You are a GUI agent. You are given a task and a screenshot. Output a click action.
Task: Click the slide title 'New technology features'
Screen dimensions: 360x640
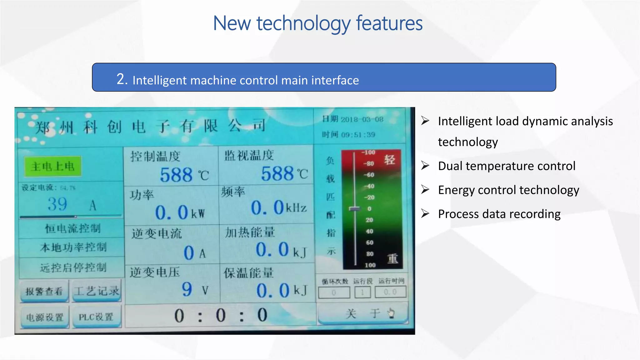(317, 23)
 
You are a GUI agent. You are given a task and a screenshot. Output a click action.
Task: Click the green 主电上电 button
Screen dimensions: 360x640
(53, 166)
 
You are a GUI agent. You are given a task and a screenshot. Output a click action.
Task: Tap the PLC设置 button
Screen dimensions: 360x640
(96, 317)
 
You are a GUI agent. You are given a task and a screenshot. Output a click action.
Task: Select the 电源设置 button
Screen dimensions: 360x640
(45, 317)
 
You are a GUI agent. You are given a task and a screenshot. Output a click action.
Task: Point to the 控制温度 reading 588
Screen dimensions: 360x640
(176, 175)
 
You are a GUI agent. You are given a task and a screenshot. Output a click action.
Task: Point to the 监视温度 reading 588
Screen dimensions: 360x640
(277, 173)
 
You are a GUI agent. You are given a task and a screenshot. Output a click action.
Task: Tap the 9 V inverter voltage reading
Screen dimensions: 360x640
(187, 289)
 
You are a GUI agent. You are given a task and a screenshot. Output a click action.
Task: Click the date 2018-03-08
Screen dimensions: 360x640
(362, 119)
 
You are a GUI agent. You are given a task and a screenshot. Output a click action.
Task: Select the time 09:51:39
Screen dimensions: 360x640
(358, 135)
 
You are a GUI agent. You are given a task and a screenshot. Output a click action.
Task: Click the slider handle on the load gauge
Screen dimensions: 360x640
(355, 208)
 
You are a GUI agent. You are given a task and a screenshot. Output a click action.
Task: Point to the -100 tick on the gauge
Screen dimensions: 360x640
(369, 152)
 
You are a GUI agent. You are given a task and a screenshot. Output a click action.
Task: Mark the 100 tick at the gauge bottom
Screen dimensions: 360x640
(370, 265)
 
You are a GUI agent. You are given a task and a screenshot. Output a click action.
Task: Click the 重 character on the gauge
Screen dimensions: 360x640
(392, 258)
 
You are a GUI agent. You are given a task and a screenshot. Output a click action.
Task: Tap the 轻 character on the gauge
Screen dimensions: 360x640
(389, 160)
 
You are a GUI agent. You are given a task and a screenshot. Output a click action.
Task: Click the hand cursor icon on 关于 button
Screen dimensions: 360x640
(391, 313)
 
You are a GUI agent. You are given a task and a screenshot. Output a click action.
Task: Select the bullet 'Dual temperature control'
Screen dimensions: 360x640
(507, 166)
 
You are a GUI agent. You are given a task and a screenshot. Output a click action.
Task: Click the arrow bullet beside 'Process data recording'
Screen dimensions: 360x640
(425, 213)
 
